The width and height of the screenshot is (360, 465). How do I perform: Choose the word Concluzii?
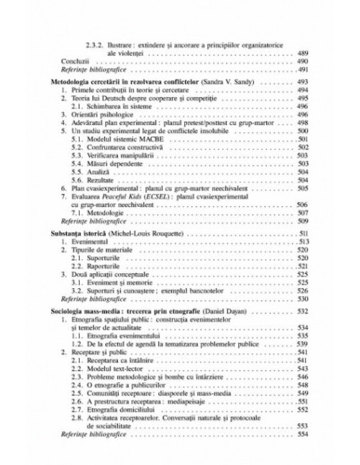click(x=75, y=61)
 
